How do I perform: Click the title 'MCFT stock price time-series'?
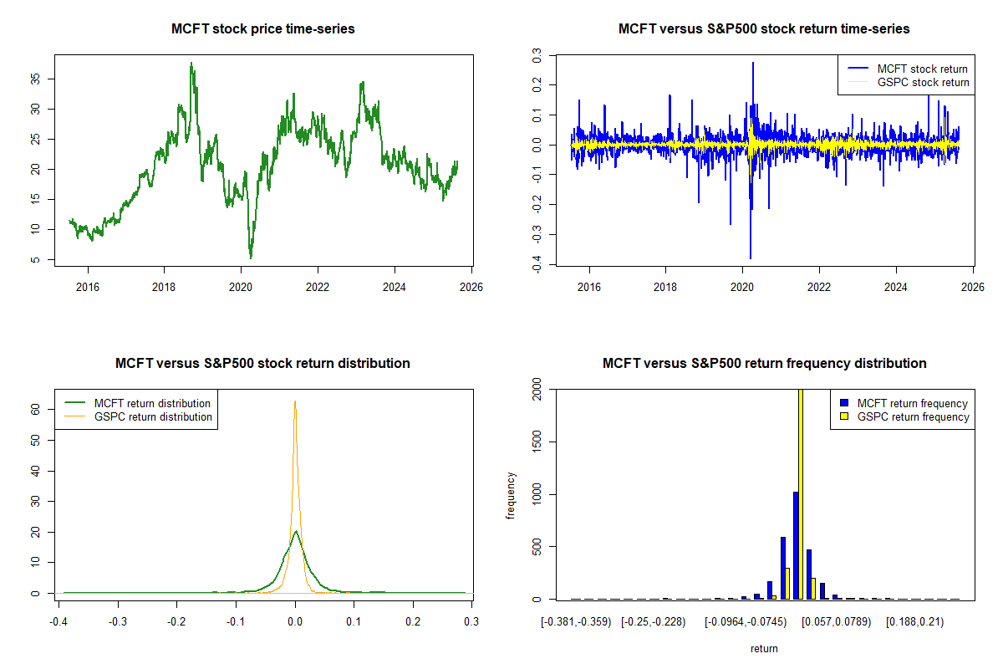click(x=263, y=29)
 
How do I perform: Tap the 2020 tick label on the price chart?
click(x=241, y=287)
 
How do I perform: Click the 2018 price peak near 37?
click(x=191, y=64)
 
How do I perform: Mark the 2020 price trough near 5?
click(x=251, y=257)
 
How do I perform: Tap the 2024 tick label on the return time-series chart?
click(x=896, y=287)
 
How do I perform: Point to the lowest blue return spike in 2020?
click(x=751, y=258)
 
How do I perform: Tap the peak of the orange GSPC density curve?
click(x=295, y=402)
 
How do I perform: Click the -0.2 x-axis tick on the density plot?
click(x=177, y=622)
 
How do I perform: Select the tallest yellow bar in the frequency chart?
click(x=801, y=493)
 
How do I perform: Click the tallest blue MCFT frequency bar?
click(x=796, y=545)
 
